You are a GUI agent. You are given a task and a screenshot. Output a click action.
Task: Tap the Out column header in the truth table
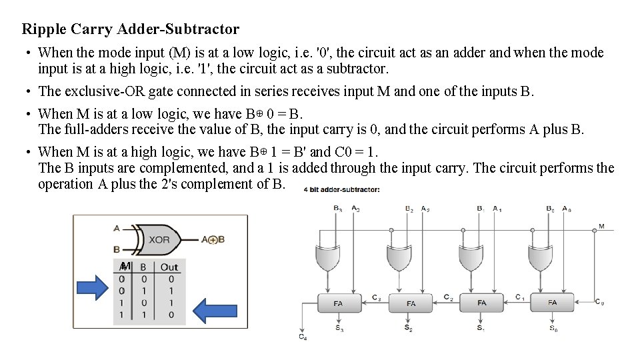pos(169,267)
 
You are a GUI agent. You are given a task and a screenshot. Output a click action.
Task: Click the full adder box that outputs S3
pos(338,303)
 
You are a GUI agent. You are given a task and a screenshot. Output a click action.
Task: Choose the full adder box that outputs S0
pos(552,303)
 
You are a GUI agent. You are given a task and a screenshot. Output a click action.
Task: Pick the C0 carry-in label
pos(599,303)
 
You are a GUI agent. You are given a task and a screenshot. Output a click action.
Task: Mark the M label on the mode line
pos(601,226)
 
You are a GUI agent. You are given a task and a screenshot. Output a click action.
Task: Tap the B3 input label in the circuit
pos(337,208)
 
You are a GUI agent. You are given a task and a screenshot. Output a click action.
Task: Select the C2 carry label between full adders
pos(448,297)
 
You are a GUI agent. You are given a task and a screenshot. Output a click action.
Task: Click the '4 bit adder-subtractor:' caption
pos(341,190)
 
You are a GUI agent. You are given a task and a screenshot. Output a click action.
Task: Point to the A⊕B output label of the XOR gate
pos(213,239)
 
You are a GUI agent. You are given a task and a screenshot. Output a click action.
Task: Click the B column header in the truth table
pos(143,267)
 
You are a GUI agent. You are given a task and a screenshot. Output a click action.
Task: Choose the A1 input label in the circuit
pos(497,208)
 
